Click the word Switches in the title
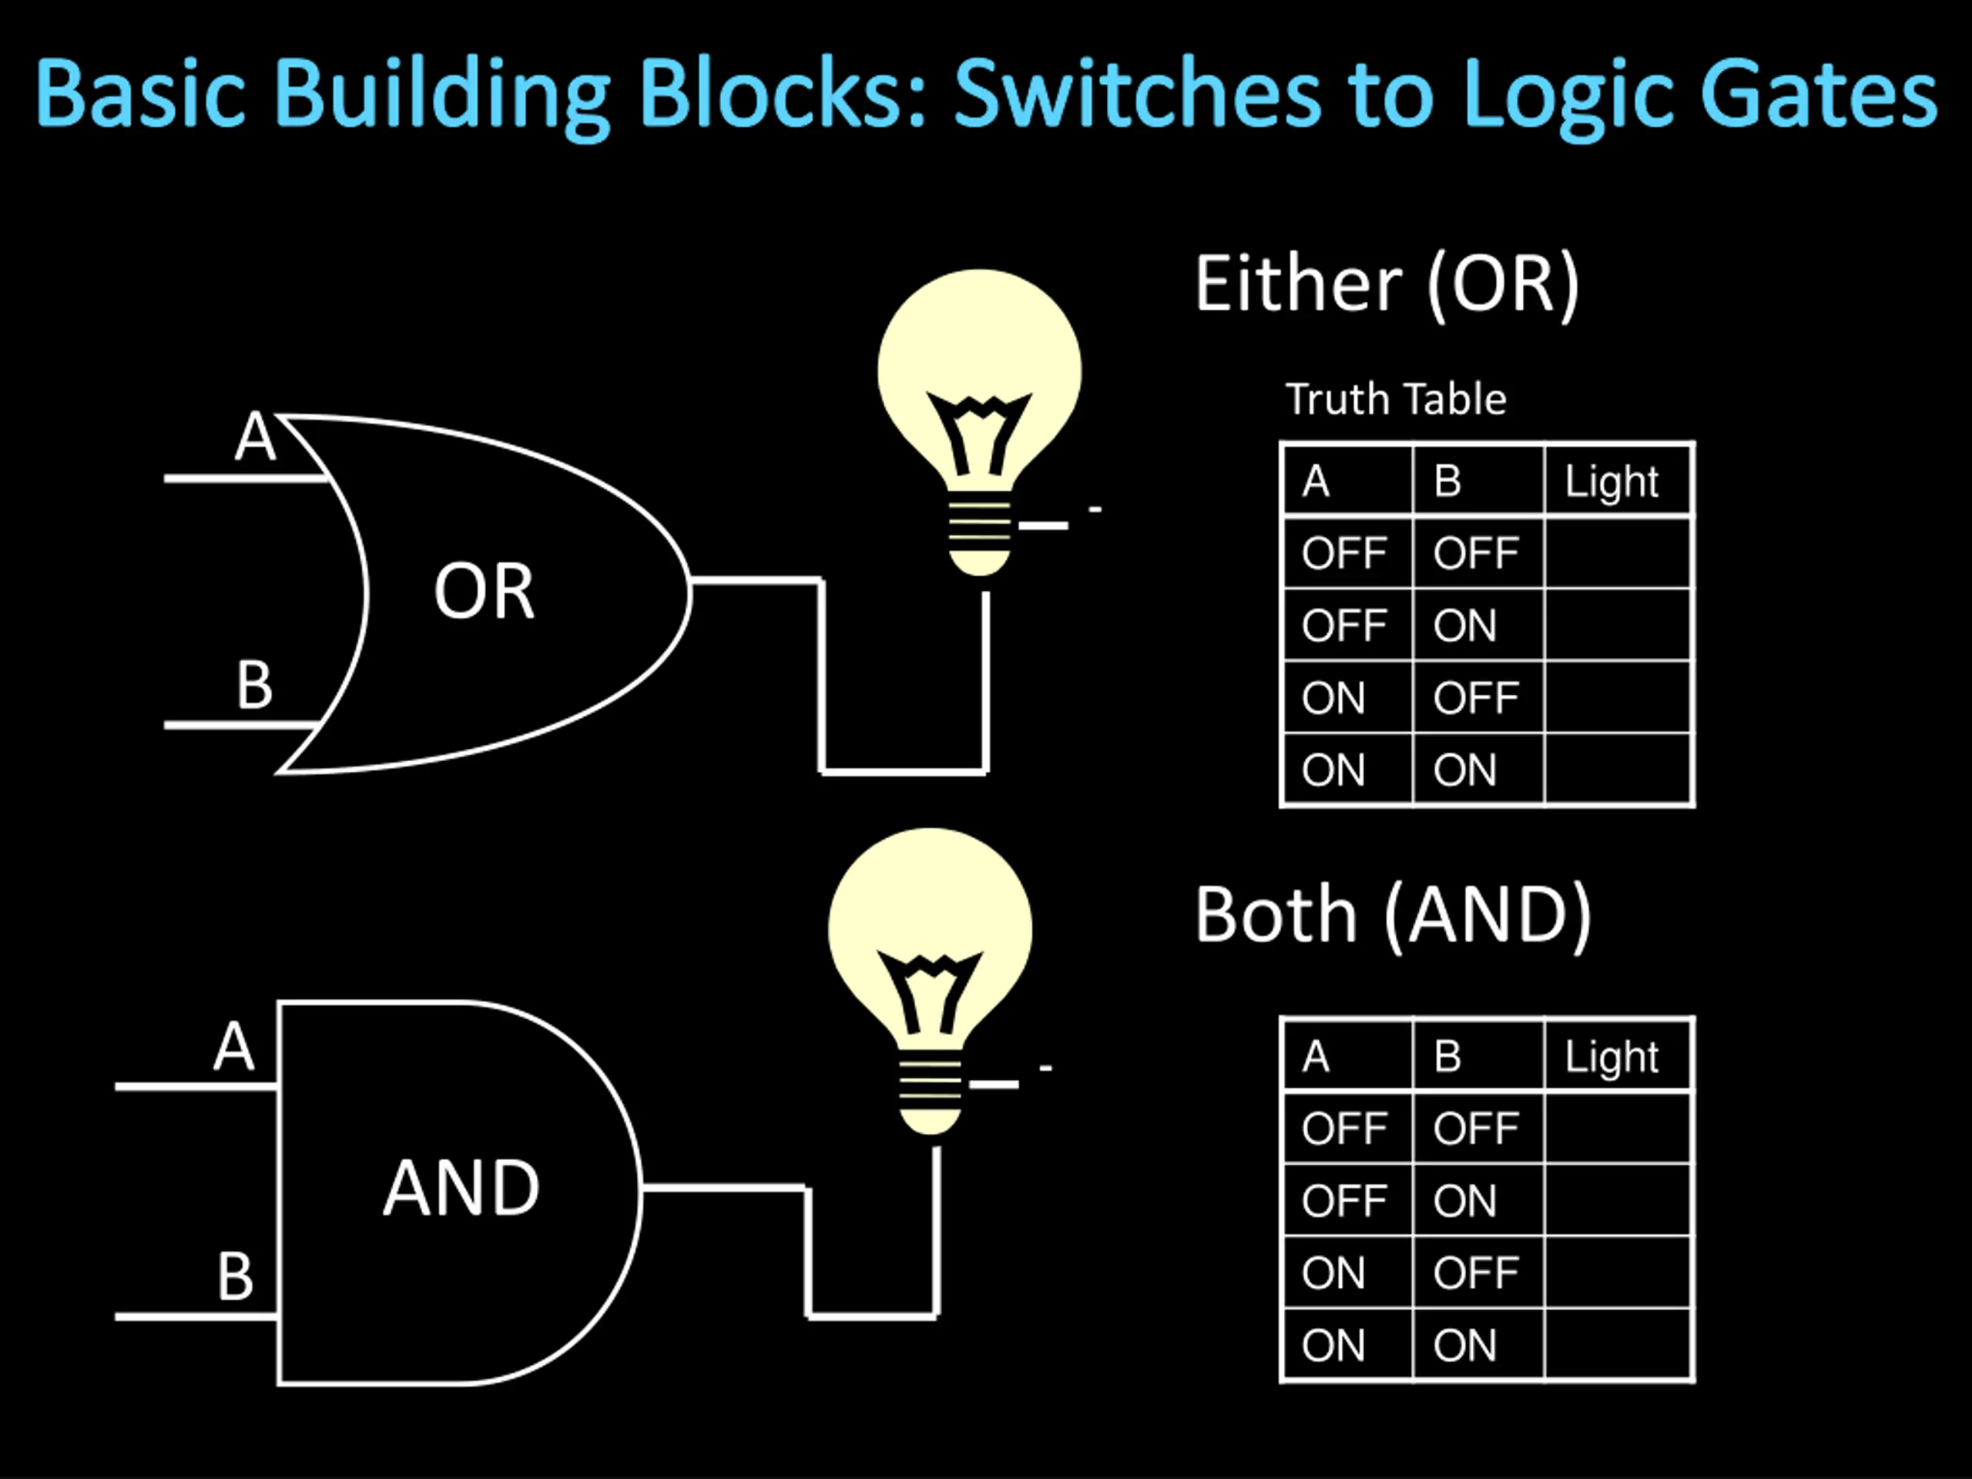tap(1137, 94)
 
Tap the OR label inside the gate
tap(484, 591)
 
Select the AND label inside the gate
tap(461, 1188)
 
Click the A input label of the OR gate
tap(255, 436)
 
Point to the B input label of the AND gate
tap(236, 1276)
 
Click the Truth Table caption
tap(1396, 398)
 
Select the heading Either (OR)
tap(1387, 284)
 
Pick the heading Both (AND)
tap(1393, 916)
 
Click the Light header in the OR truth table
tap(1611, 481)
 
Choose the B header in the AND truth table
tap(1447, 1056)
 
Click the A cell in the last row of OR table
tap(1333, 770)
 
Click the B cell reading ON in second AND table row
tap(1464, 1201)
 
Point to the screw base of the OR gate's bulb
tap(980, 533)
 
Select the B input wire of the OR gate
tap(240, 725)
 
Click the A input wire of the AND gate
tap(197, 1087)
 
